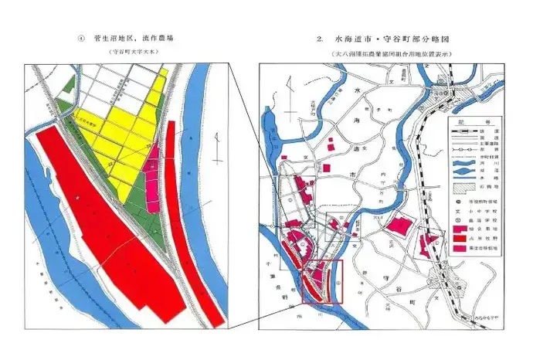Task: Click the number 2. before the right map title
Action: pyautogui.click(x=320, y=38)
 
